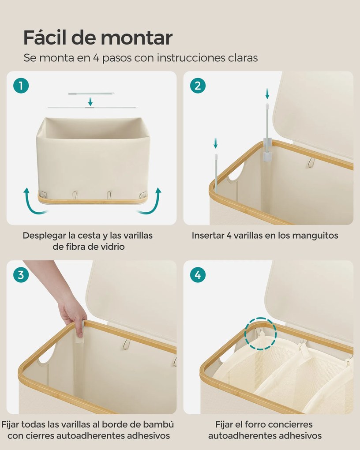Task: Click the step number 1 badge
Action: [21, 86]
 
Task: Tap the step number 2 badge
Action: [198, 86]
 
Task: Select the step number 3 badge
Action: [21, 275]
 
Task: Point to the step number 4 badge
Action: [198, 275]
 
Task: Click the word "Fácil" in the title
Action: [45, 37]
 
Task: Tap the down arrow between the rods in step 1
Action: [90, 101]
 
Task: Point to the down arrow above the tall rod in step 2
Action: [267, 94]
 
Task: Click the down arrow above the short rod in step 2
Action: [216, 143]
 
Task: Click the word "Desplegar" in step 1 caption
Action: [44, 236]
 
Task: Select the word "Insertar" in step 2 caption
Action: [208, 236]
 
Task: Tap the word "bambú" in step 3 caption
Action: [159, 424]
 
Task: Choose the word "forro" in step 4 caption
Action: [257, 424]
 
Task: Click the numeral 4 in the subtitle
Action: [96, 58]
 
